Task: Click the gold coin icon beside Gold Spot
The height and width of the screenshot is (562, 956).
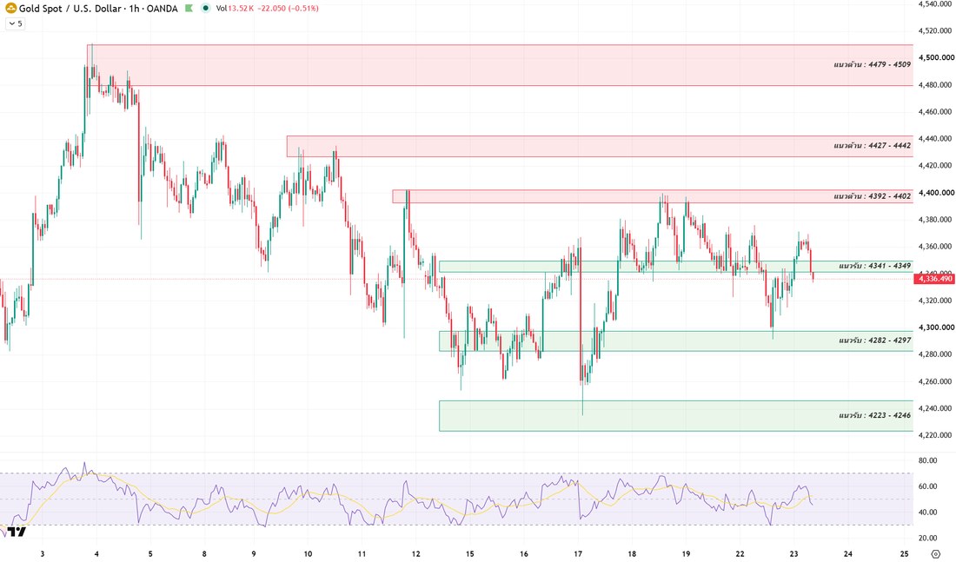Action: (x=11, y=8)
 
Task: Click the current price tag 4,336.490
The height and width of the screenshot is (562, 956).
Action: (x=933, y=279)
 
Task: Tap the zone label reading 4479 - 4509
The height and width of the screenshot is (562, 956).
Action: (x=872, y=64)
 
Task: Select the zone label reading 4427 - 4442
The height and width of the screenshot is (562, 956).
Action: (x=872, y=145)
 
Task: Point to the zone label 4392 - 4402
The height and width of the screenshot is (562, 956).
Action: (x=872, y=195)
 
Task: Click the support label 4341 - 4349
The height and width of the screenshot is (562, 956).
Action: (x=874, y=266)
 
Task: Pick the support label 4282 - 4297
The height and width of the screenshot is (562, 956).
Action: (x=874, y=341)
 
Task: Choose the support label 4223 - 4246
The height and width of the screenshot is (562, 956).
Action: (x=874, y=415)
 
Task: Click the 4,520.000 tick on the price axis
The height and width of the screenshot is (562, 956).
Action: (x=936, y=30)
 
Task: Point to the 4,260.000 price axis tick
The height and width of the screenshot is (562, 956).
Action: (x=936, y=381)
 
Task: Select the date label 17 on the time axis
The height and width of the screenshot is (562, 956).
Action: (x=578, y=553)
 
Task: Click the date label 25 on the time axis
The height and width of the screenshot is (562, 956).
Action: (x=904, y=553)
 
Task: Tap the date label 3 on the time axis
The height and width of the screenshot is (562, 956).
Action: (x=42, y=553)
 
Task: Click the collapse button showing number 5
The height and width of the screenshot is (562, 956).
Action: (x=16, y=23)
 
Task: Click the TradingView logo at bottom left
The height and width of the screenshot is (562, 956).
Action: (x=17, y=532)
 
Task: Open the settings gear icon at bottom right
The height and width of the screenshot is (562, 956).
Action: (x=936, y=553)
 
